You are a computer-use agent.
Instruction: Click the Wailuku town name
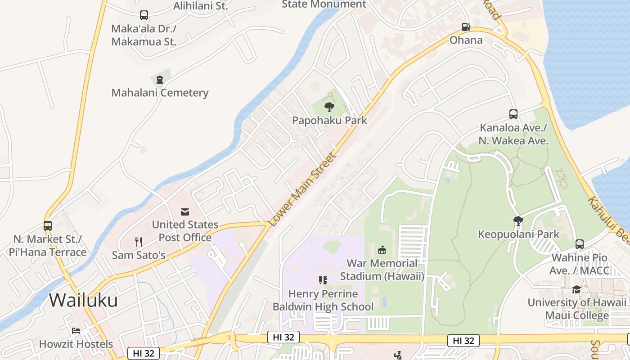pos(83,300)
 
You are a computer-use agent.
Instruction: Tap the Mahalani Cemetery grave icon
pos(160,80)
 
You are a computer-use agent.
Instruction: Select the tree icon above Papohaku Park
pos(329,107)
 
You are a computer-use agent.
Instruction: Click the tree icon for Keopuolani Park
pos(518,221)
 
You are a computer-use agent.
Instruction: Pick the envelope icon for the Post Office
pos(185,211)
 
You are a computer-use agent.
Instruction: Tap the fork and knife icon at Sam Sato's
pos(139,242)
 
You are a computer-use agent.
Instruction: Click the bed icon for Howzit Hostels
pos(76,331)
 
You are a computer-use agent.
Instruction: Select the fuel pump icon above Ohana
pos(466,27)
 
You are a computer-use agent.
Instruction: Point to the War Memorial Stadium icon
pos(382,250)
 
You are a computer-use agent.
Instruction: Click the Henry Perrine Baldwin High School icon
pos(323,280)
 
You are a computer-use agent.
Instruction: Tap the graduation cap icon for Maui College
pos(576,289)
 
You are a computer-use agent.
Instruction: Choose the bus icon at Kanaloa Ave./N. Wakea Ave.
pos(513,114)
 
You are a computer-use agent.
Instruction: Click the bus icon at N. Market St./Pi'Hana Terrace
pos(48,225)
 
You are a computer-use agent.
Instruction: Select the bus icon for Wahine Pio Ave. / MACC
pos(580,244)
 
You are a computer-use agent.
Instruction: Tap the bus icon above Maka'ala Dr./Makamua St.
pos(144,15)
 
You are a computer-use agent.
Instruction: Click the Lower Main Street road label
pos(302,189)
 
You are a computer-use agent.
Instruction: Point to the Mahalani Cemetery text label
pos(160,93)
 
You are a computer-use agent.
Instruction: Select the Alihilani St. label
pos(201,6)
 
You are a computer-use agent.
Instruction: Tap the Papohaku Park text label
pos(329,120)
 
